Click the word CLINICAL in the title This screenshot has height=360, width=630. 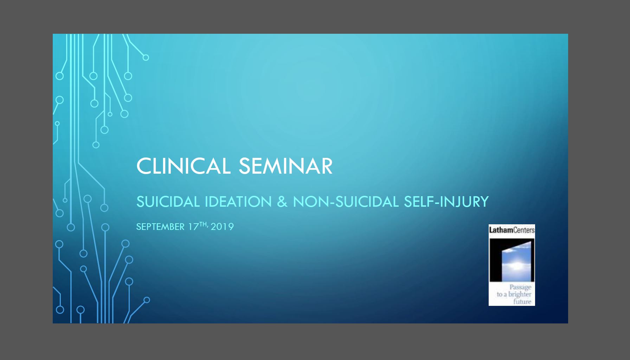point(183,166)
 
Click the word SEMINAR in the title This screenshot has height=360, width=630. point(285,166)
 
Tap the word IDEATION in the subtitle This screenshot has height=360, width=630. point(238,202)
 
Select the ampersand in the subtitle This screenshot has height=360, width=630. point(282,202)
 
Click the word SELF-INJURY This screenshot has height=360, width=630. point(446,202)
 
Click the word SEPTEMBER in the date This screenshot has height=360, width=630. point(160,227)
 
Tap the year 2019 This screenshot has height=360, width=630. point(222,227)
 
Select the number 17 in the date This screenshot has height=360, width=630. point(193,227)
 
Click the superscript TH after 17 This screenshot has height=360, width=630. point(203,224)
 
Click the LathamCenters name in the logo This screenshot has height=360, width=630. point(512,230)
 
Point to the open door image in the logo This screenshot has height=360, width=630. point(512,260)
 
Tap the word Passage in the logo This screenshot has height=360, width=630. point(520,287)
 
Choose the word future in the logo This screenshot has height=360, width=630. point(522,302)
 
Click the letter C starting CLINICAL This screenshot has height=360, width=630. point(144,166)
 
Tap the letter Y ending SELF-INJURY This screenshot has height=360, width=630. point(484,202)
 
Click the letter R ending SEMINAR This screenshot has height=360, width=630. point(326,166)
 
